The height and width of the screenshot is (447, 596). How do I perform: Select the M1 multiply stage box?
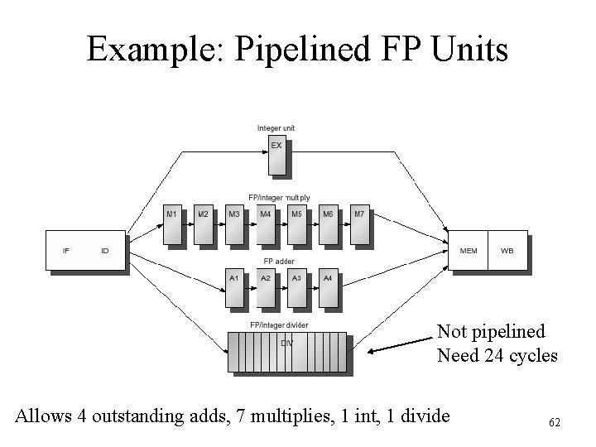pyautogui.click(x=172, y=223)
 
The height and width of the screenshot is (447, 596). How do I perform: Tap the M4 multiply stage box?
pyautogui.click(x=266, y=223)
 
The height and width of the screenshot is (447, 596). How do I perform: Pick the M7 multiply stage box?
pyautogui.click(x=359, y=223)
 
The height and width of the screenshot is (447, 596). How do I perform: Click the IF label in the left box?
pyautogui.click(x=66, y=250)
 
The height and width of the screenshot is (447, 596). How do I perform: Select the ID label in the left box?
pyautogui.click(x=104, y=250)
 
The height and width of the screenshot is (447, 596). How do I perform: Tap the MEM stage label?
pyautogui.click(x=468, y=250)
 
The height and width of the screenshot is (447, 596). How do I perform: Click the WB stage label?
pyautogui.click(x=507, y=250)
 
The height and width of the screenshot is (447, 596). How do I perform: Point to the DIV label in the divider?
pyautogui.click(x=286, y=343)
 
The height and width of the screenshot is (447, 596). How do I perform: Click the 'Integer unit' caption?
pyautogui.click(x=276, y=127)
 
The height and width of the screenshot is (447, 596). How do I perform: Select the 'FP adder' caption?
pyautogui.click(x=279, y=261)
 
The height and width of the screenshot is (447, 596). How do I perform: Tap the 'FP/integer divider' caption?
pyautogui.click(x=279, y=324)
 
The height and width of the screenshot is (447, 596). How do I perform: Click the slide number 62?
pyautogui.click(x=554, y=423)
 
